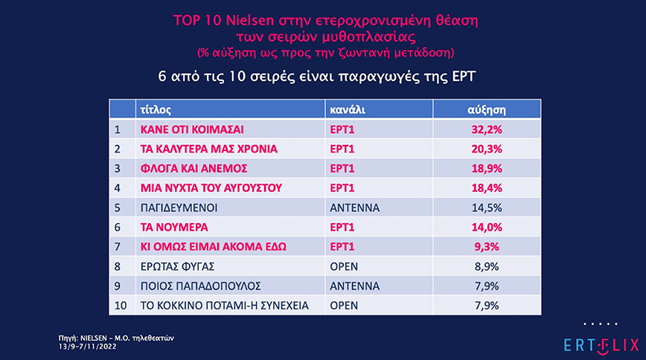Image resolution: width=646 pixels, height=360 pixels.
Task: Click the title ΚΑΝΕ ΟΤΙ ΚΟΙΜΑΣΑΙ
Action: point(192,129)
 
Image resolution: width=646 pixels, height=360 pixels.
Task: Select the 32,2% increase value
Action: point(487,129)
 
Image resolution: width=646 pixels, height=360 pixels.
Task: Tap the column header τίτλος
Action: point(156,109)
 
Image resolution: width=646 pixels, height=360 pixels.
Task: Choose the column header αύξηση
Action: point(486,109)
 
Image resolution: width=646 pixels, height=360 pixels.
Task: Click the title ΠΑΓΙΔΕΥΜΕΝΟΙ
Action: point(182,207)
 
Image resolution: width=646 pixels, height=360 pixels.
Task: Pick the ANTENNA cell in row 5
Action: point(354,207)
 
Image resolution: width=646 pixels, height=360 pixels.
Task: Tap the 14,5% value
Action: point(487,207)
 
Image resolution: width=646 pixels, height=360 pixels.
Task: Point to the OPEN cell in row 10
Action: point(345,305)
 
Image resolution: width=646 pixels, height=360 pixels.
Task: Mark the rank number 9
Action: point(117,286)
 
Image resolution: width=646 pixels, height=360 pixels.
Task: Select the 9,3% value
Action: point(487,246)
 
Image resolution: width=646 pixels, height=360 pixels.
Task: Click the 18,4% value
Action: point(487,187)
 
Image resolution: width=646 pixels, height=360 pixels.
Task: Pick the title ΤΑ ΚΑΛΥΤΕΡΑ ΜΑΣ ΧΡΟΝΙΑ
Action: point(209,148)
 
